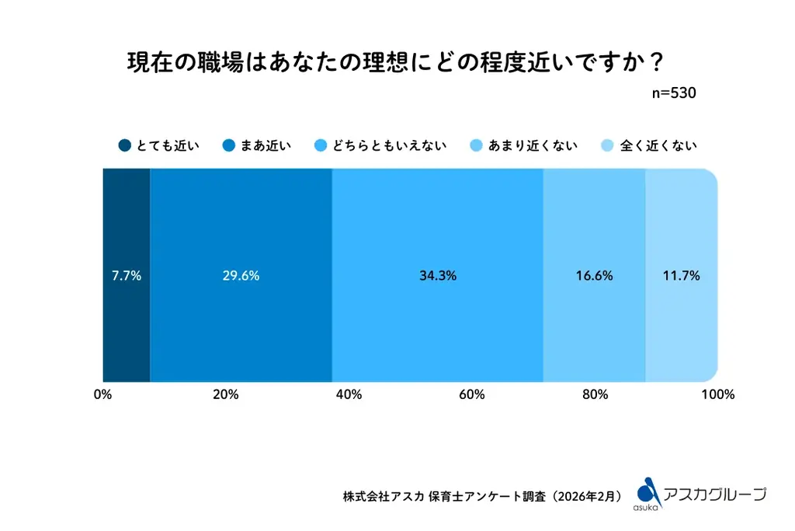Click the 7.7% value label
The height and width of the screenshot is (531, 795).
click(x=126, y=276)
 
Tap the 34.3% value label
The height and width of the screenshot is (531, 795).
click(x=437, y=276)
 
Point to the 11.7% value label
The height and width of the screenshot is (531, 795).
click(x=682, y=276)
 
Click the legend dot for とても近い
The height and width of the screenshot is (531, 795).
click(x=124, y=145)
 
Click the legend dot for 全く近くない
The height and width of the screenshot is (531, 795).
click(x=608, y=145)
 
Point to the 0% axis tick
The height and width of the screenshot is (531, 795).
click(x=102, y=395)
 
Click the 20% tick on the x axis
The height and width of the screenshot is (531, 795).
click(x=225, y=395)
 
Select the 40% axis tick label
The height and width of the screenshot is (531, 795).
click(x=349, y=395)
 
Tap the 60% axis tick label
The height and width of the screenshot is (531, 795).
click(x=472, y=395)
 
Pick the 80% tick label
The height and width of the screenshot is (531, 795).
click(x=595, y=395)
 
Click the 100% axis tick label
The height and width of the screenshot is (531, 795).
click(x=717, y=395)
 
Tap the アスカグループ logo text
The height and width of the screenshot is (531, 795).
click(x=715, y=494)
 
